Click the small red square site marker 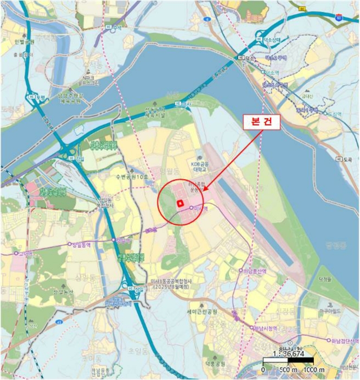click(x=181, y=203)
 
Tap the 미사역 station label click(x=201, y=208)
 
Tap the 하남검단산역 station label click(x=344, y=340)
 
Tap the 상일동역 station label click(x=81, y=244)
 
